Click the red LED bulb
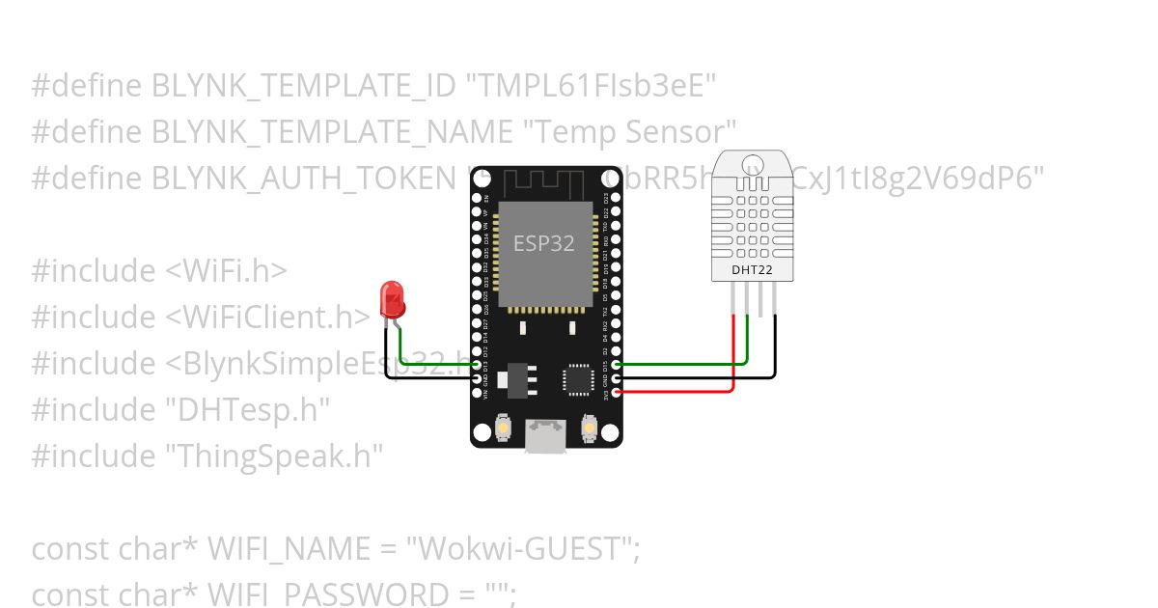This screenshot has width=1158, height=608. [x=393, y=299]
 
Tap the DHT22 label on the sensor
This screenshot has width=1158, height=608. [x=752, y=270]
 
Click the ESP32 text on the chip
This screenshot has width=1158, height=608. [x=543, y=243]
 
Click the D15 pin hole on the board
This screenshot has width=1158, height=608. [x=617, y=364]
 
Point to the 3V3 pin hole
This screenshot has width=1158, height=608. [x=617, y=392]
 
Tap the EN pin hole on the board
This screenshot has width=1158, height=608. [x=477, y=198]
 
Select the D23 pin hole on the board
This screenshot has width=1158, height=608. [x=617, y=198]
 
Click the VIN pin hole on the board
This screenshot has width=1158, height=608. [x=477, y=392]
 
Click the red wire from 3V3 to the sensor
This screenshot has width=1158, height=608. [x=675, y=392]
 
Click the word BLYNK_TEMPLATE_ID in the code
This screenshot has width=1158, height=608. [x=303, y=87]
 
